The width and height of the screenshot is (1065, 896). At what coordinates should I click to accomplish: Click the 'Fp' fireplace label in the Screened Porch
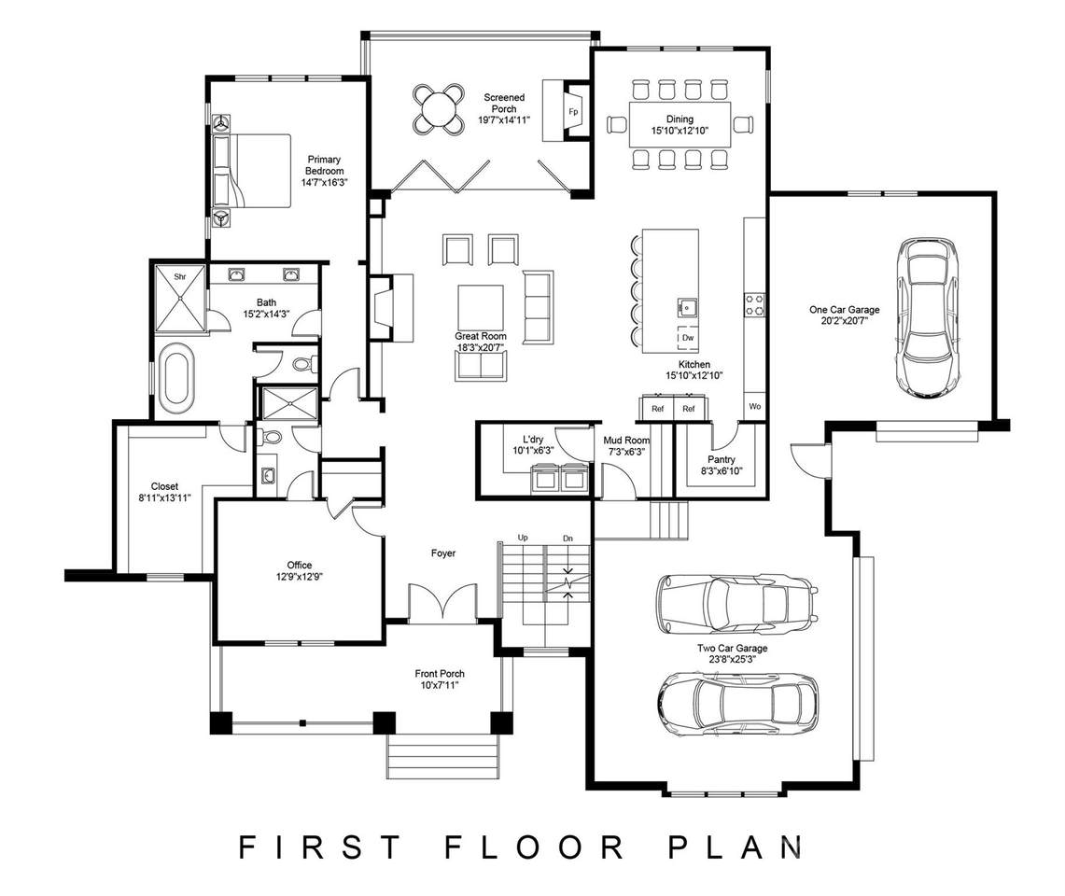(x=573, y=112)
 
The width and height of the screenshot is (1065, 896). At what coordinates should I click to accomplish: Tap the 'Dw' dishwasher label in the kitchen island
(x=688, y=338)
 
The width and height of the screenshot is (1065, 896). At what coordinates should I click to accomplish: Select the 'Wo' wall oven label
(x=754, y=406)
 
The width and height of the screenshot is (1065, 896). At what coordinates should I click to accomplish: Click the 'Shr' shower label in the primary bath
(x=180, y=276)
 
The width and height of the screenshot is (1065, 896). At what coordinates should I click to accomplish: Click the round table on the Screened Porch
(x=439, y=108)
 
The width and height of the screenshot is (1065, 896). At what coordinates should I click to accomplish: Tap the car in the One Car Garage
(x=929, y=317)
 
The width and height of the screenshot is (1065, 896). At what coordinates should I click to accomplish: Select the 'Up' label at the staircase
(x=523, y=538)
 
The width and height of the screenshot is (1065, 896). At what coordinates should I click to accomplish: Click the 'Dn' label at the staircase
(x=568, y=538)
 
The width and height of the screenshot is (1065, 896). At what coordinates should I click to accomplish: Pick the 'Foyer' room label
(x=443, y=553)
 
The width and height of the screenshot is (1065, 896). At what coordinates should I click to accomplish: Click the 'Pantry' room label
(x=722, y=459)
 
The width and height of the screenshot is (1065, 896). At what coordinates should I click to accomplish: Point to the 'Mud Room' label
(x=626, y=441)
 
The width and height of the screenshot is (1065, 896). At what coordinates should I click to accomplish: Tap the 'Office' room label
(x=300, y=565)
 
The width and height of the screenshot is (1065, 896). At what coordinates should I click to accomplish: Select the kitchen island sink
(x=687, y=308)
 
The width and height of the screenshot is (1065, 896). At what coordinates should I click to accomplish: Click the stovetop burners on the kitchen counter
(x=754, y=304)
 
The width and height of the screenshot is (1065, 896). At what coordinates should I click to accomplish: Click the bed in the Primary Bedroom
(x=251, y=170)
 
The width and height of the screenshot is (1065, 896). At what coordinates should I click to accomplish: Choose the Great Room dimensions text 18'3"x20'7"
(x=481, y=348)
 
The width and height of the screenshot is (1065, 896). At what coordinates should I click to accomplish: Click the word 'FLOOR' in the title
(x=534, y=847)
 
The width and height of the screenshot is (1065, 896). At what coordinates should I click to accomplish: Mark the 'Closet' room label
(x=164, y=486)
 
